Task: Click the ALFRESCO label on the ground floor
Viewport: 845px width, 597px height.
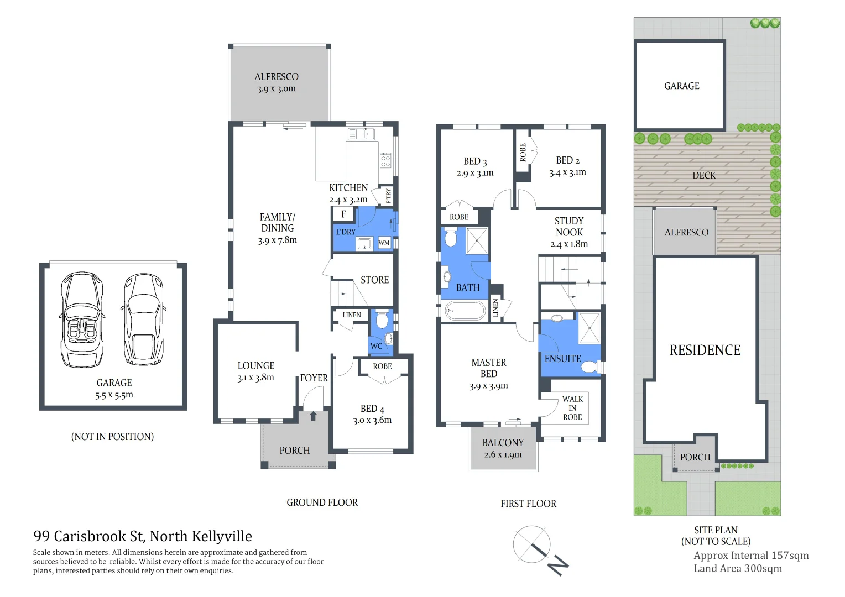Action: (276, 77)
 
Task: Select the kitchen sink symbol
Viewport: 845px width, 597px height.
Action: (361, 134)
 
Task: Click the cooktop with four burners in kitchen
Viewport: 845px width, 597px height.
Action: (385, 160)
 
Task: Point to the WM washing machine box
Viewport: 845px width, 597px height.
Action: (384, 243)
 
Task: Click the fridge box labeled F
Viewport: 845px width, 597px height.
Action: (343, 214)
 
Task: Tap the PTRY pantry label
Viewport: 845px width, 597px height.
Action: (388, 196)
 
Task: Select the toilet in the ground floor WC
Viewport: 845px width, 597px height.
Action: (382, 320)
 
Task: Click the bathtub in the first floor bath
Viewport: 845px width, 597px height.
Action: (465, 311)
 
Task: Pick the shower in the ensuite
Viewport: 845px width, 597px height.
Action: (589, 327)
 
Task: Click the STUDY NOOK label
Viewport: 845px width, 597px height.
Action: (569, 227)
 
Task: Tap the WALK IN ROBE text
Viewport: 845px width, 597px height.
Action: (572, 408)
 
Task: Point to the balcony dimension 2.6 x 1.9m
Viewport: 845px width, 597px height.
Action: (503, 455)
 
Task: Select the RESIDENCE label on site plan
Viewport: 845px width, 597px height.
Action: (705, 350)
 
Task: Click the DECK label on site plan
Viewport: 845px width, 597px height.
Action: (704, 175)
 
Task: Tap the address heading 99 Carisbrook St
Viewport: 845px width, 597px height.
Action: (143, 536)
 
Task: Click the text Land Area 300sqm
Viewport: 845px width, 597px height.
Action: (738, 569)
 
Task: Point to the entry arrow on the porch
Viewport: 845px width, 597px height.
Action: (313, 415)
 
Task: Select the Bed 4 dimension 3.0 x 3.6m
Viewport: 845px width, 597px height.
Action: (372, 420)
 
